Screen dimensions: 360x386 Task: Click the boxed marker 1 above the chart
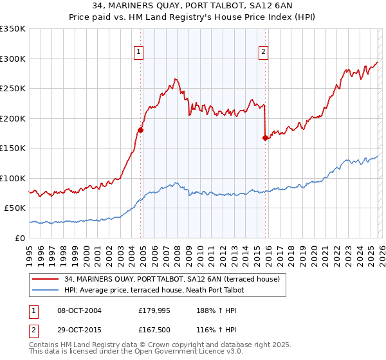click(140, 53)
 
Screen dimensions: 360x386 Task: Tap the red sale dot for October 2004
click(140, 130)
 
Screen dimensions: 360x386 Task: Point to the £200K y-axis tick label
click(13, 118)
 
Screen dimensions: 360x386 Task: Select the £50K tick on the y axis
click(15, 208)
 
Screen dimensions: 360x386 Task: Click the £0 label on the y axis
click(19, 238)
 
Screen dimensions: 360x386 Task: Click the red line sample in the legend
click(46, 279)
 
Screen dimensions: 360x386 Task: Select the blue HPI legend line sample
click(46, 291)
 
